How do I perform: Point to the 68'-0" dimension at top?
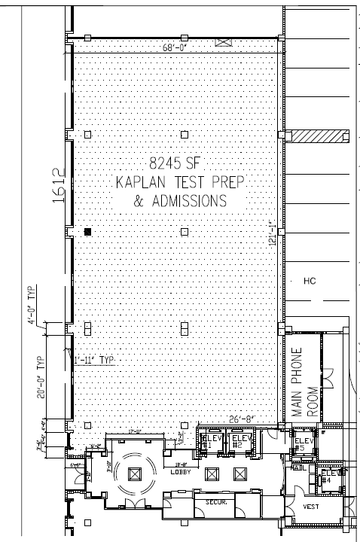[175, 47]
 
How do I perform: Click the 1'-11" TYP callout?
[93, 360]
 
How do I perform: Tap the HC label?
[308, 282]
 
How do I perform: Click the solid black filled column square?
[88, 232]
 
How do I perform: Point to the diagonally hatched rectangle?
[319, 136]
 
